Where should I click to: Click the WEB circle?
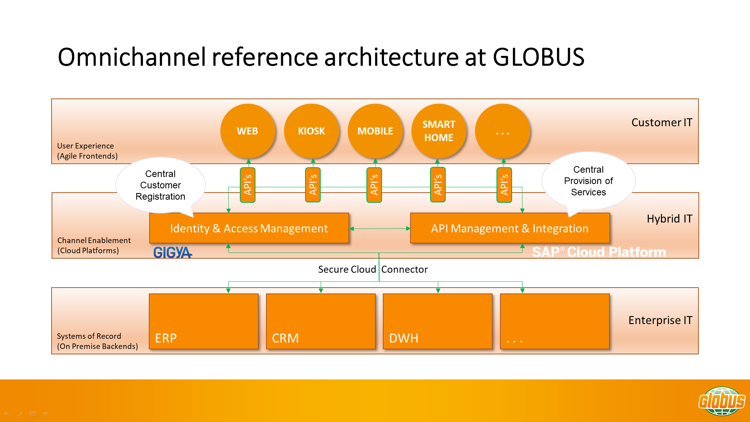tap(248, 131)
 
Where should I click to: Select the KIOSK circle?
tap(311, 131)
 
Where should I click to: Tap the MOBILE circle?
tap(375, 131)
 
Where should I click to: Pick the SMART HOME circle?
tap(439, 131)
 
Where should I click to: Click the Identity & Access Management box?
tap(249, 228)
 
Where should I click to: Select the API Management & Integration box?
tap(510, 228)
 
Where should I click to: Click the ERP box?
tap(204, 321)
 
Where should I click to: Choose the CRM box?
tap(321, 321)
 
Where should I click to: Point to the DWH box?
tap(437, 321)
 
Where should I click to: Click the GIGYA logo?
tap(173, 252)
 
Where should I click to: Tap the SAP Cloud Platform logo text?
tap(599, 252)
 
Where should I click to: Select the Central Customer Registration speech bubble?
tap(161, 185)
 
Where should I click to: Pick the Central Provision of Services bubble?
tap(588, 181)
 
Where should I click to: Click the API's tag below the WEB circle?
tap(248, 185)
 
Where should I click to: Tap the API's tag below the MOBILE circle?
tap(374, 185)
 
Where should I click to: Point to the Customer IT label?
tap(662, 123)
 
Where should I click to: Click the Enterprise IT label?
tap(660, 320)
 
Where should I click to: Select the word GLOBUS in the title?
tap(538, 57)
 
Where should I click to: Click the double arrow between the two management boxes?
tap(380, 229)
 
